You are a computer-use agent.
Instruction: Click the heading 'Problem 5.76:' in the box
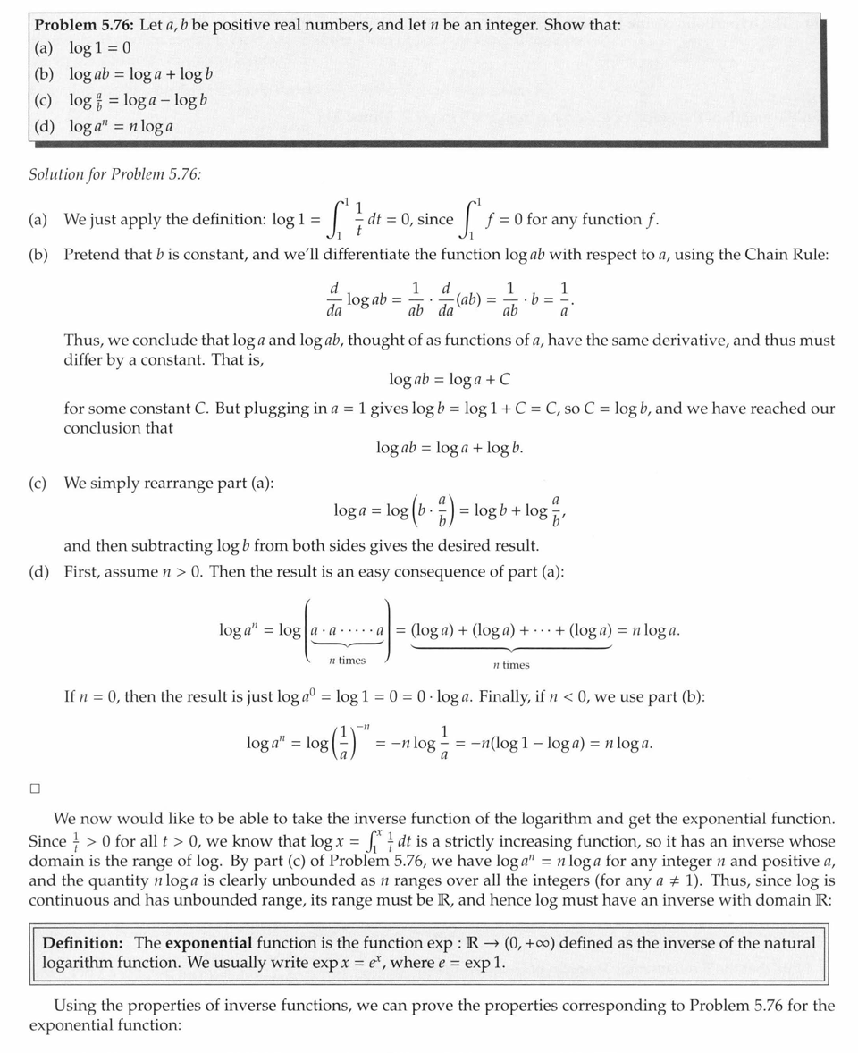(x=86, y=25)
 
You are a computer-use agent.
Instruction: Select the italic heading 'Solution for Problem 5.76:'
(x=115, y=173)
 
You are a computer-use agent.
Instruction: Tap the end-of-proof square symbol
(x=35, y=788)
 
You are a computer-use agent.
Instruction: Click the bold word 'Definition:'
(x=82, y=943)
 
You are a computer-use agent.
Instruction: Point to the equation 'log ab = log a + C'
(x=450, y=379)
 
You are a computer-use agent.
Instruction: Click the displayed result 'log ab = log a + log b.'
(x=450, y=447)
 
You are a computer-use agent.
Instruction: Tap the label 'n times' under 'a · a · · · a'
(x=347, y=660)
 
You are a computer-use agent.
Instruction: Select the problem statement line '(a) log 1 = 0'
(x=83, y=47)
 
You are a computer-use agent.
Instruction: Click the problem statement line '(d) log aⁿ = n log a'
(x=104, y=125)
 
